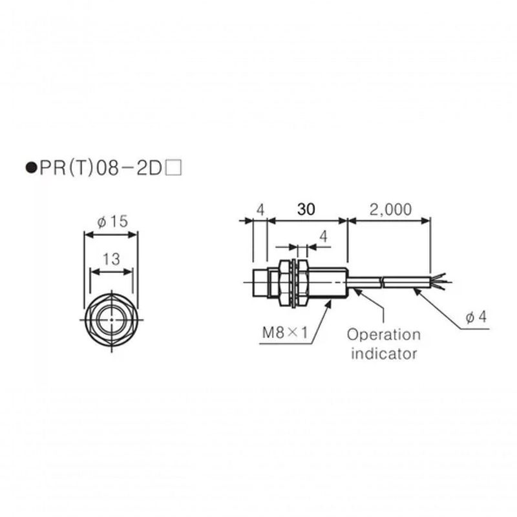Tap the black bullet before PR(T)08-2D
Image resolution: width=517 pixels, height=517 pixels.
(x=29, y=170)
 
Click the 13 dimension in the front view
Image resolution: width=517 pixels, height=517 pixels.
(x=111, y=259)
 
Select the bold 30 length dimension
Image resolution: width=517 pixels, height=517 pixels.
(x=308, y=209)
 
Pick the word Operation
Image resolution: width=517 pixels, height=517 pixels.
(x=383, y=335)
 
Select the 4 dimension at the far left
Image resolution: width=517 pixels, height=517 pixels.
(x=260, y=209)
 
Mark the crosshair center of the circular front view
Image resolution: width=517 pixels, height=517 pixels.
(x=111, y=319)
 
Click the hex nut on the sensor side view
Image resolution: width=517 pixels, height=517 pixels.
(x=285, y=282)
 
